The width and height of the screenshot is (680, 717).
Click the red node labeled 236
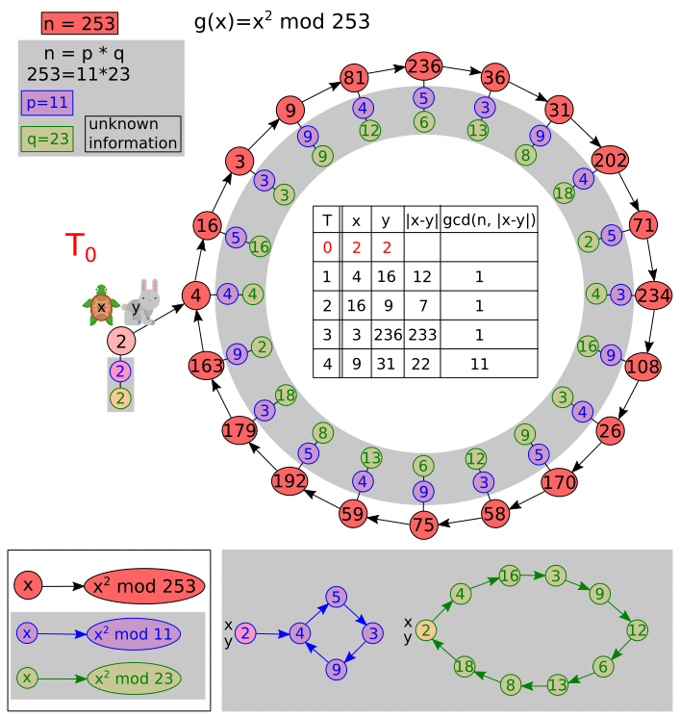[423, 66]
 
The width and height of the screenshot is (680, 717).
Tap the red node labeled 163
[206, 366]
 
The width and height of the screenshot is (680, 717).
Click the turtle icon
[100, 306]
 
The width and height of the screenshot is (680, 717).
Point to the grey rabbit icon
[142, 302]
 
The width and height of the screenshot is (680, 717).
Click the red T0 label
[81, 247]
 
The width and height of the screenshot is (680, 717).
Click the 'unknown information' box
[133, 135]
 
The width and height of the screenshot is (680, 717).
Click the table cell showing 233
[421, 335]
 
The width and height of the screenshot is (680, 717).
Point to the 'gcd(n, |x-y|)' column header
[490, 219]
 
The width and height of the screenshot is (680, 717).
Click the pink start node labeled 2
[121, 340]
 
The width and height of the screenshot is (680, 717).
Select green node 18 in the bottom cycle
[464, 666]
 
